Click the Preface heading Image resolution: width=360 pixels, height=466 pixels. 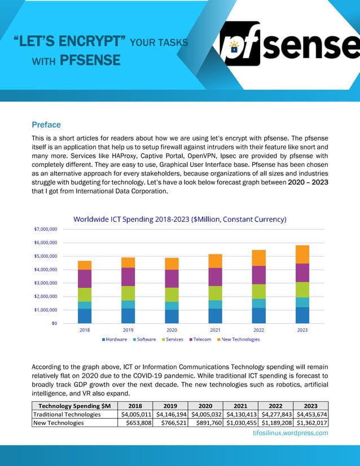46,125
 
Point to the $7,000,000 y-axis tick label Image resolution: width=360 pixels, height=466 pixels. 46,229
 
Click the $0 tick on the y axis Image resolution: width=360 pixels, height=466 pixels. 54,323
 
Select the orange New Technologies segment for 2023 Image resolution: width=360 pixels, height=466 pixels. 302,254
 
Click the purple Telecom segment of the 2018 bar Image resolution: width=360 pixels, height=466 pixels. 85,279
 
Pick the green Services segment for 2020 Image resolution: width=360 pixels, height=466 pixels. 172,294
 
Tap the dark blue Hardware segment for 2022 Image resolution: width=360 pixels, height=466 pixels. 259,315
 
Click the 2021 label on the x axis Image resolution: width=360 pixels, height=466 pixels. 215,330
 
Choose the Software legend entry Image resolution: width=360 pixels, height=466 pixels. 144,339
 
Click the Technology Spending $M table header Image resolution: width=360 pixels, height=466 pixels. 74,406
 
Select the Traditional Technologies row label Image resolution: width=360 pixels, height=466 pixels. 67,414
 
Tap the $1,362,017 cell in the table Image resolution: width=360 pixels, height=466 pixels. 311,423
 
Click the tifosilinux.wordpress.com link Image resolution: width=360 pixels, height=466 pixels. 291,433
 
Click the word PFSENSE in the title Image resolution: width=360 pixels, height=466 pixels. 90,60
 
